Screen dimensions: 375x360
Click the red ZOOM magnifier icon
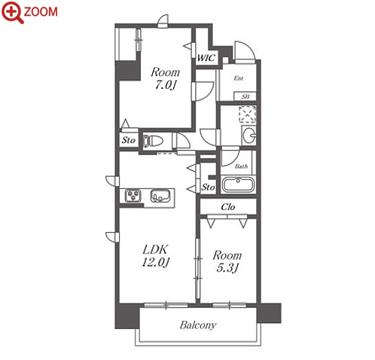pyautogui.click(x=13, y=12)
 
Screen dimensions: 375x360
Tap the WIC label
pyautogui.click(x=206, y=58)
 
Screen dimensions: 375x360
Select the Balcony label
pyautogui.click(x=198, y=325)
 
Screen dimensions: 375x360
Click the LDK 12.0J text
pyautogui.click(x=155, y=256)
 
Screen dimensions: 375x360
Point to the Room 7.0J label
pyautogui.click(x=165, y=78)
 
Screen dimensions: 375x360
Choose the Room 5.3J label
pyautogui.click(x=227, y=261)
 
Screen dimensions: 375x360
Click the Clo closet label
pyautogui.click(x=228, y=207)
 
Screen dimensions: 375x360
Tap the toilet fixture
pyautogui.click(x=152, y=141)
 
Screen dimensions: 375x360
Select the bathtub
pyautogui.click(x=238, y=185)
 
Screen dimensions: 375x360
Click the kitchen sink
pyautogui.click(x=160, y=196)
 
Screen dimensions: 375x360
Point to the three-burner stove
pyautogui.click(x=133, y=196)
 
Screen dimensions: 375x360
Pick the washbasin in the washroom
pyautogui.click(x=249, y=136)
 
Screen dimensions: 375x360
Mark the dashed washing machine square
pyautogui.click(x=248, y=114)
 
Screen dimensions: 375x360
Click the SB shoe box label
pyautogui.click(x=245, y=96)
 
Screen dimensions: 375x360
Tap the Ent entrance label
pyautogui.click(x=239, y=78)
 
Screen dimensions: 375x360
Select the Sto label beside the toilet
pyautogui.click(x=129, y=140)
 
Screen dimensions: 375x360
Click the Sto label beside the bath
pyautogui.click(x=208, y=187)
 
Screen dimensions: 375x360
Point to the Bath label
pyautogui.click(x=241, y=166)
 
